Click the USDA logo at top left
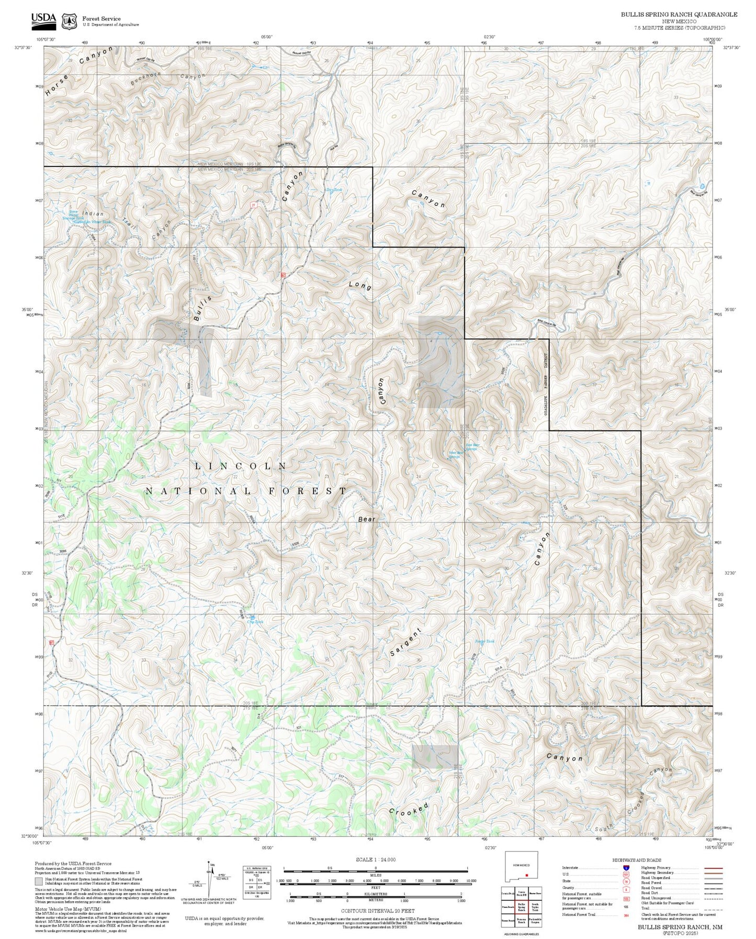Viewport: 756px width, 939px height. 43,19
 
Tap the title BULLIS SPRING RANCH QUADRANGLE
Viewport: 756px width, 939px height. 679,15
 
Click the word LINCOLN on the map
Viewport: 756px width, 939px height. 241,466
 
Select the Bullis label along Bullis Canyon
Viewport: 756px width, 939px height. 202,308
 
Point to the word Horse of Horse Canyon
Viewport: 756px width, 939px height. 57,85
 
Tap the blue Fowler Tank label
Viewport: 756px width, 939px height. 484,641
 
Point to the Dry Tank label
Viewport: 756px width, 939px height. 334,190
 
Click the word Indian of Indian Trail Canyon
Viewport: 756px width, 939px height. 93,214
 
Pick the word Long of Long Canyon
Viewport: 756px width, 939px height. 360,286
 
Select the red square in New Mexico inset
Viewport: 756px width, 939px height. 527,876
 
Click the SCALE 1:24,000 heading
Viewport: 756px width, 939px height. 375,860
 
